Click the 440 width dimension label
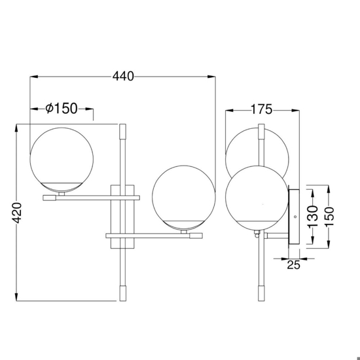123,76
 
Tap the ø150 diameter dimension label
62,109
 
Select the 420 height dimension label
17,213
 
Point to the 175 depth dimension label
262,109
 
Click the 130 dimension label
313,217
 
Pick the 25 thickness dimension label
293,264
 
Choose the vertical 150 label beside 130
329,216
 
